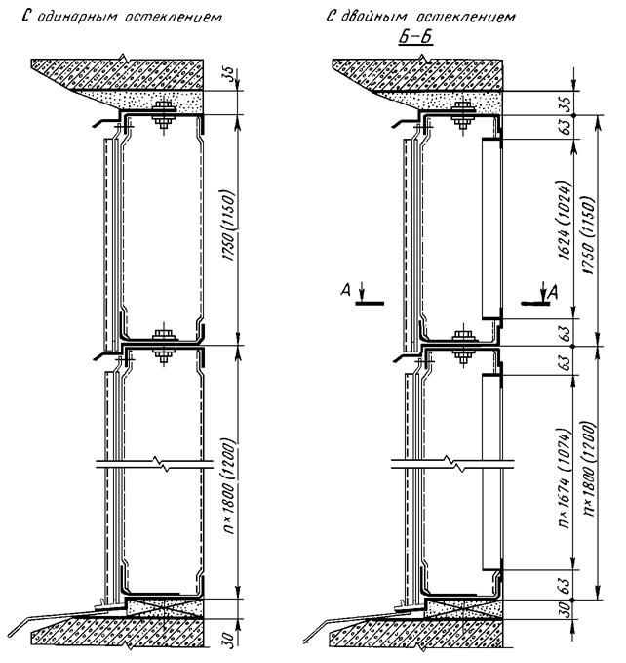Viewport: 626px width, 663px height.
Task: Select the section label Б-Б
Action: point(416,37)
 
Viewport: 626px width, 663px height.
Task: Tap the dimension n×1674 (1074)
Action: point(566,478)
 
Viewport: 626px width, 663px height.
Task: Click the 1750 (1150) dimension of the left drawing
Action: point(228,226)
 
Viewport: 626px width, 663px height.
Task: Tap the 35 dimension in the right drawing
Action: point(566,102)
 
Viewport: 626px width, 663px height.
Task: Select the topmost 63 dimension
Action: point(566,126)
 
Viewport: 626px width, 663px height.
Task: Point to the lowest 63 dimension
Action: point(566,585)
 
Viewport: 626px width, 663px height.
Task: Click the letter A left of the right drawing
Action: point(346,290)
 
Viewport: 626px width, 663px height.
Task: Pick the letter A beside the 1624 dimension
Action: point(552,292)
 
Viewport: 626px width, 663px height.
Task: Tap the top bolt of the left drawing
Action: point(164,114)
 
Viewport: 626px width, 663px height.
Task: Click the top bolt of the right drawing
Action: point(463,115)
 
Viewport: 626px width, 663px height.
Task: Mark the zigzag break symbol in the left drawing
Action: point(161,464)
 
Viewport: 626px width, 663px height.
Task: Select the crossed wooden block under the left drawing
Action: point(164,609)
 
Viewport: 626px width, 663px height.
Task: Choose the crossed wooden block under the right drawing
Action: point(463,609)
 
